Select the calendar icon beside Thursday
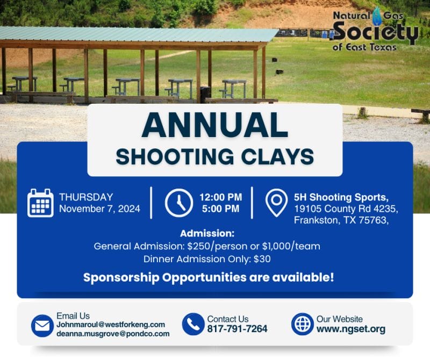[x=40, y=203]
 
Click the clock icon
[x=178, y=203]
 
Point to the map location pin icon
[x=276, y=202]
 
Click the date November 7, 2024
[x=99, y=209]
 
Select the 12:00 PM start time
[x=220, y=197]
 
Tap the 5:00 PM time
[x=220, y=209]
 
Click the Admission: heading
[x=207, y=234]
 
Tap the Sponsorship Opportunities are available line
[x=209, y=278]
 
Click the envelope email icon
[x=42, y=326]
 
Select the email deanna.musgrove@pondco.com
[x=113, y=334]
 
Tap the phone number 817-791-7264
[x=237, y=329]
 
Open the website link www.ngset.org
[x=350, y=329]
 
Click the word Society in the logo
[x=375, y=33]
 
